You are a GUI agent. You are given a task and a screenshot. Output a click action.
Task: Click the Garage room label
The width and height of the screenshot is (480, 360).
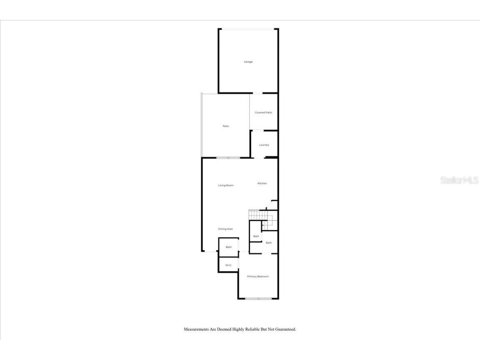point(248,62)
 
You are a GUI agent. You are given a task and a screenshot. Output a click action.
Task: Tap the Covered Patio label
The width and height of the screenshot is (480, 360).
point(263,112)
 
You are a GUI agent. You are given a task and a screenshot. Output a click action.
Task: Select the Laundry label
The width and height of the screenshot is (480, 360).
point(264,145)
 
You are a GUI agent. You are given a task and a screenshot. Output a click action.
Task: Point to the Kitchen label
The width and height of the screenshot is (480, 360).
point(262,183)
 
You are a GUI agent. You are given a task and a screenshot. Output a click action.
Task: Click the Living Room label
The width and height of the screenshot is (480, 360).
point(226,185)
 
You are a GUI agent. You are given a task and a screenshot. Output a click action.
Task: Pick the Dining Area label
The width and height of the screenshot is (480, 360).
point(225,229)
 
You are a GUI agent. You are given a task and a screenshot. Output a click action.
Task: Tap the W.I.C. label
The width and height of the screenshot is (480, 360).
point(228,265)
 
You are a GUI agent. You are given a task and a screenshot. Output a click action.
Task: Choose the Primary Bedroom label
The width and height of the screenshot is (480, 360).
point(258,277)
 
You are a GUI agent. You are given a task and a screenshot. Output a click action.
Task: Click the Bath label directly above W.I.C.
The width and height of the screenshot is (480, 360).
point(229,247)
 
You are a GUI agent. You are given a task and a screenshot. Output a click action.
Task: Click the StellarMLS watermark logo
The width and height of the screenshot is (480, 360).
point(459,180)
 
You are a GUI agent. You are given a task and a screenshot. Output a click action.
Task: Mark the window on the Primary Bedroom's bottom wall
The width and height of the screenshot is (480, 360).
point(258,298)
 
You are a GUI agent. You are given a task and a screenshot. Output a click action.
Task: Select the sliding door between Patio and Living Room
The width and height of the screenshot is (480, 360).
point(228,157)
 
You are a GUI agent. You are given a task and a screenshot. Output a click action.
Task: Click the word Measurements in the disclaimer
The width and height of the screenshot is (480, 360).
point(198,329)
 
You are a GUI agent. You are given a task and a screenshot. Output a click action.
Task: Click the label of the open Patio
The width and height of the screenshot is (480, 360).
point(226,126)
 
